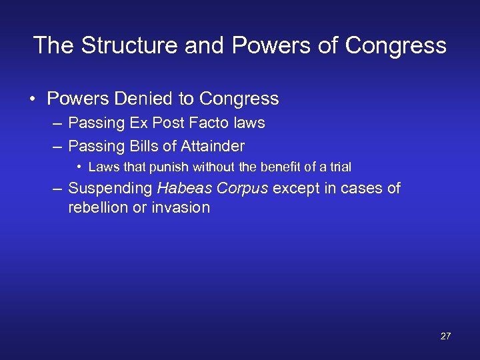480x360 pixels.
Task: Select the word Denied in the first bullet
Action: click(145, 99)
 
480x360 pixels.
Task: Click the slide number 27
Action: click(445, 336)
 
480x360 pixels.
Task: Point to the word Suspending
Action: click(110, 189)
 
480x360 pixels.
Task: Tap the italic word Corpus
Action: click(243, 189)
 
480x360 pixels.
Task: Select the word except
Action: click(295, 189)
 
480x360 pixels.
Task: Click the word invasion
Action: click(182, 207)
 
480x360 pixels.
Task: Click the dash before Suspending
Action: click(58, 189)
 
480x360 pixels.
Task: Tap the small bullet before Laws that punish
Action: click(79, 167)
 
